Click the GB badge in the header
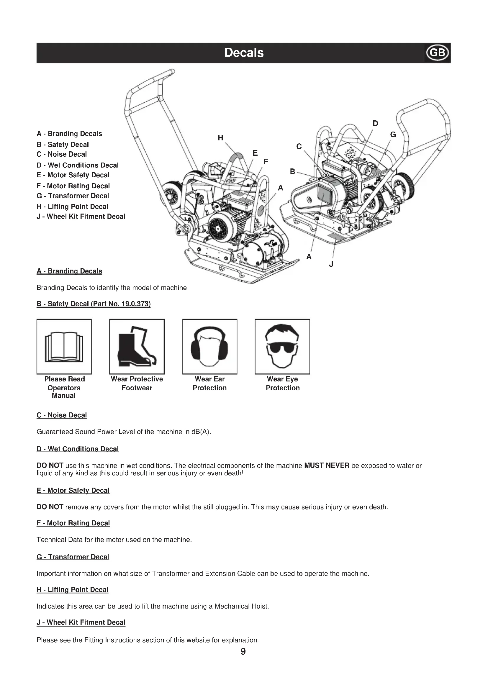pyautogui.click(x=437, y=53)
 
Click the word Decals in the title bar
pyautogui.click(x=244, y=53)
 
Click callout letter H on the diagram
pyautogui.click(x=220, y=138)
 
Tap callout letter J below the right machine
pyautogui.click(x=331, y=264)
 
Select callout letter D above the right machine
pyautogui.click(x=375, y=124)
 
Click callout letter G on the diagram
pyautogui.click(x=393, y=135)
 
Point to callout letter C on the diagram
pyautogui.click(x=299, y=147)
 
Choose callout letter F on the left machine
pyautogui.click(x=266, y=162)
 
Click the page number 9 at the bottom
pyautogui.click(x=243, y=652)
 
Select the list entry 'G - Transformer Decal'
pyautogui.click(x=73, y=196)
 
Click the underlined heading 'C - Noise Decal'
pyautogui.click(x=62, y=415)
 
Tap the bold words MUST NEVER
pyautogui.click(x=327, y=466)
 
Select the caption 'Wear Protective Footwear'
pyautogui.click(x=137, y=383)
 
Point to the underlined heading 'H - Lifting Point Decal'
pyautogui.click(x=72, y=590)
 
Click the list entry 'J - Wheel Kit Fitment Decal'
pyautogui.click(x=81, y=217)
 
